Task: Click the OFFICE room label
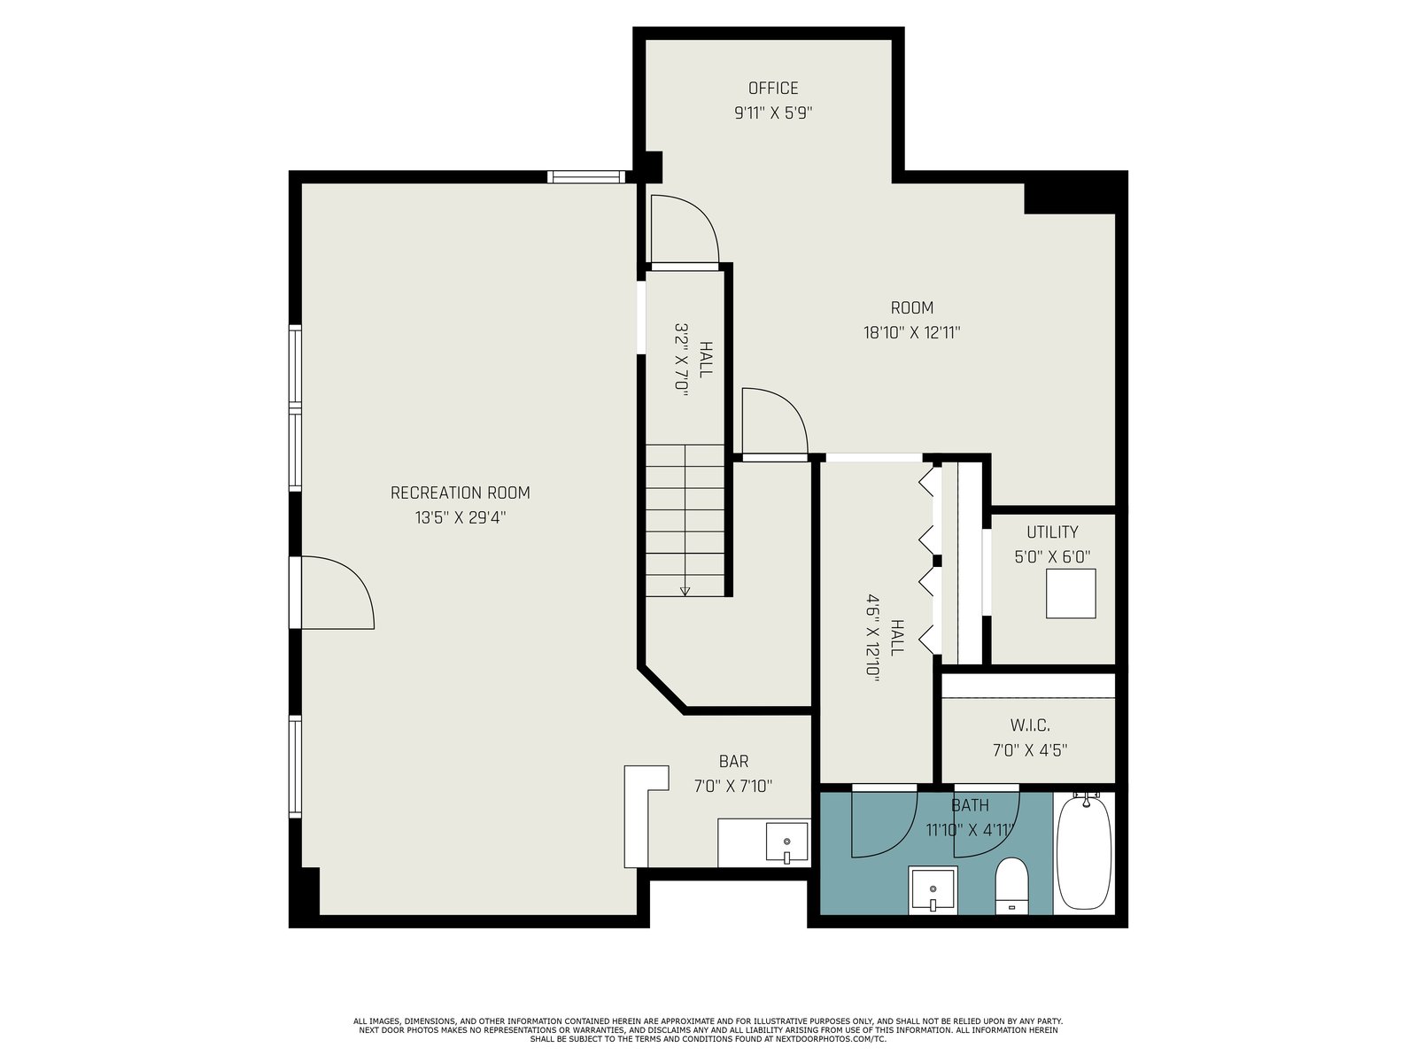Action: click(x=773, y=88)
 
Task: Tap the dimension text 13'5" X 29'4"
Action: click(x=461, y=517)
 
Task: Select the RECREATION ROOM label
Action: click(x=461, y=493)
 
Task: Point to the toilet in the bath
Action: click(x=1011, y=886)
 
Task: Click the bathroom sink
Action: click(x=933, y=890)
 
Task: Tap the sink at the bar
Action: click(x=787, y=842)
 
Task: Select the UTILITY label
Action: click(x=1052, y=531)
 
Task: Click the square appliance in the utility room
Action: click(x=1071, y=594)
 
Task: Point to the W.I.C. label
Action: click(x=1030, y=725)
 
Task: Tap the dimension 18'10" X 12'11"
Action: click(x=912, y=332)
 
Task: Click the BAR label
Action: click(x=734, y=762)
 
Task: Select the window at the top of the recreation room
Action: click(x=587, y=176)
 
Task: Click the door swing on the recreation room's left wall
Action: click(x=338, y=592)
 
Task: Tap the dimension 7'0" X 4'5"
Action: click(x=1030, y=750)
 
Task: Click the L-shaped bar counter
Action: click(x=639, y=816)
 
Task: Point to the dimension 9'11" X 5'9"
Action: click(x=773, y=113)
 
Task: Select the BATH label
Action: click(x=971, y=805)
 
